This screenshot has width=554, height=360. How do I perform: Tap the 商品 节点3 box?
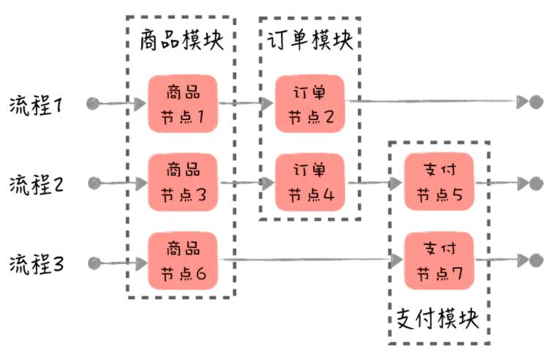pos(183,183)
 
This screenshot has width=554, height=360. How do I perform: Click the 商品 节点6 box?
pos(183,261)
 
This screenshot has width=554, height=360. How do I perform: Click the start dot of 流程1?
pos(92,103)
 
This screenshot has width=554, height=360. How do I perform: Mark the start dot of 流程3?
pos(93,261)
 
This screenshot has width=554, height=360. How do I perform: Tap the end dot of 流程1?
pos(536,102)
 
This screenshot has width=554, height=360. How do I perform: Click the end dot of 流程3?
pos(536,260)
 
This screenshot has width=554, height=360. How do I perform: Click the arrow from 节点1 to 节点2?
pos(246,103)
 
